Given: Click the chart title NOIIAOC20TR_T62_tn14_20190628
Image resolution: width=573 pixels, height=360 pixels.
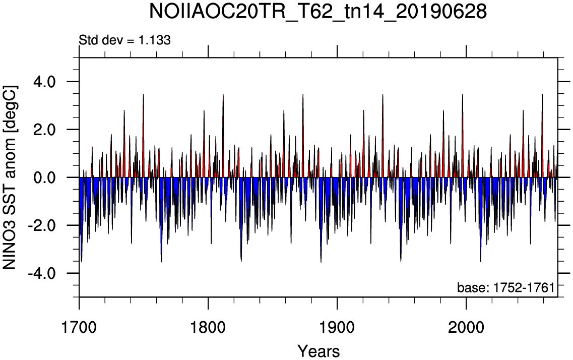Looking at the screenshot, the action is tap(319, 12).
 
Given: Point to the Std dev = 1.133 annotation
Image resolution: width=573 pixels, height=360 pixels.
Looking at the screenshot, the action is tap(124, 40).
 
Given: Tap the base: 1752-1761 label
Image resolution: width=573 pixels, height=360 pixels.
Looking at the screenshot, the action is tap(506, 287).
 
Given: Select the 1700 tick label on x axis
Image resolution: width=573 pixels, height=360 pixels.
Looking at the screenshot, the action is tap(79, 327).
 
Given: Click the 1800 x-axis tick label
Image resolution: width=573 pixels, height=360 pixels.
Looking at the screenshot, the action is tap(208, 327).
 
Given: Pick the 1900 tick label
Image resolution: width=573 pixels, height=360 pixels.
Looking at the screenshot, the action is tap(337, 327).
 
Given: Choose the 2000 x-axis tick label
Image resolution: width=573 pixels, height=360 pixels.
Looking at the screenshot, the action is tap(466, 327).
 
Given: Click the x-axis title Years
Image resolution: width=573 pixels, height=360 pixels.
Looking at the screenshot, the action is tap(319, 351).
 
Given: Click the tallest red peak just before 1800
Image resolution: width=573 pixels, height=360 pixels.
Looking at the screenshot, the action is tap(204, 110).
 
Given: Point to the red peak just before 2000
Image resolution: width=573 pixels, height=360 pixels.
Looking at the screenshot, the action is tap(462, 95).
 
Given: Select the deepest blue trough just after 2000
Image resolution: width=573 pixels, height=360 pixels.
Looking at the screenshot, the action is tap(481, 261).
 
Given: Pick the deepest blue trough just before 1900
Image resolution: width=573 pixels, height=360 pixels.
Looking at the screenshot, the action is tap(321, 262).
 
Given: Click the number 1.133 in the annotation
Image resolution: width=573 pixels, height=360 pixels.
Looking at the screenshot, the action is tap(154, 40).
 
